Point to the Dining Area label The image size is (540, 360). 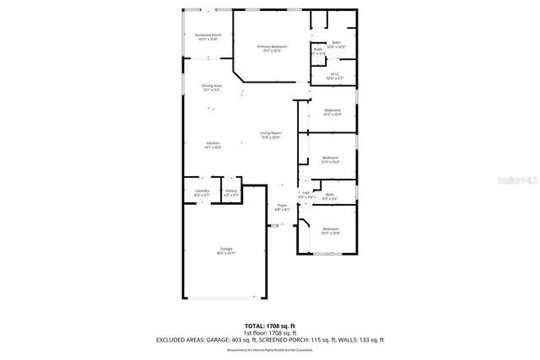211,87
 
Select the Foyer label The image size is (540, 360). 283,207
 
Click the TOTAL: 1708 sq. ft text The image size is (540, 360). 269,325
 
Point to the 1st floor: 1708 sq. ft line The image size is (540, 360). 269,332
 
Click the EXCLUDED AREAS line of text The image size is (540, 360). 269,340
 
